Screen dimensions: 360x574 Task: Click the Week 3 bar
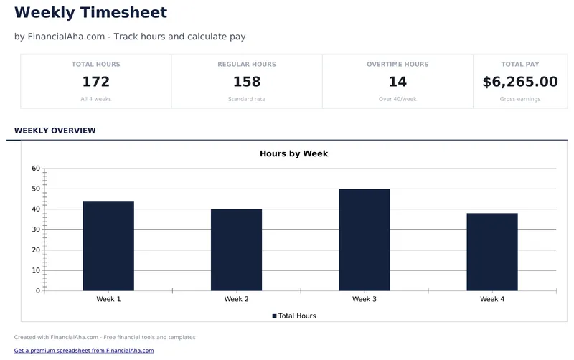point(364,240)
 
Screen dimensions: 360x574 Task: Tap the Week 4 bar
point(491,252)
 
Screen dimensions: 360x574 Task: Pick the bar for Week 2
point(236,250)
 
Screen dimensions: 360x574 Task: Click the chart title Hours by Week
point(293,153)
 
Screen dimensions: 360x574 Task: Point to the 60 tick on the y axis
point(36,169)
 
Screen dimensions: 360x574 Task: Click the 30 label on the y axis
point(36,229)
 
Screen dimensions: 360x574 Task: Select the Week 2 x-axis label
point(236,299)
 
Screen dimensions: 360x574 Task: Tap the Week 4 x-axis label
point(491,299)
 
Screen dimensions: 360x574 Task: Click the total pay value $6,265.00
point(519,82)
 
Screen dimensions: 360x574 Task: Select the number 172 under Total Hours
point(95,82)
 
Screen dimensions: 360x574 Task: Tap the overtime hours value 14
point(397,82)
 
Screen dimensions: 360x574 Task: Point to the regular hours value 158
point(246,82)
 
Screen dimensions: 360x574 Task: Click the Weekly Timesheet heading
point(90,12)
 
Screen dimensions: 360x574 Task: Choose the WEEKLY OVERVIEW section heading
point(55,131)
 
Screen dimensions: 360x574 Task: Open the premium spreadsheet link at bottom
point(84,351)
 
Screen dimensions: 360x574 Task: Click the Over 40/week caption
point(397,99)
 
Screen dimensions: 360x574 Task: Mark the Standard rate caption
point(246,99)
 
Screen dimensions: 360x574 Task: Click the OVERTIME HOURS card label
point(397,65)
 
